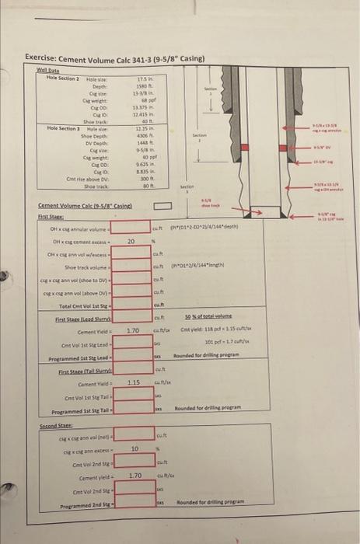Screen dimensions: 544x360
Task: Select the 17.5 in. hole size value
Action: click(x=143, y=77)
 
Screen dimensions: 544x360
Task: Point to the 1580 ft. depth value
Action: click(x=143, y=85)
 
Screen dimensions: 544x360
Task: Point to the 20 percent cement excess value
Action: click(x=131, y=242)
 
